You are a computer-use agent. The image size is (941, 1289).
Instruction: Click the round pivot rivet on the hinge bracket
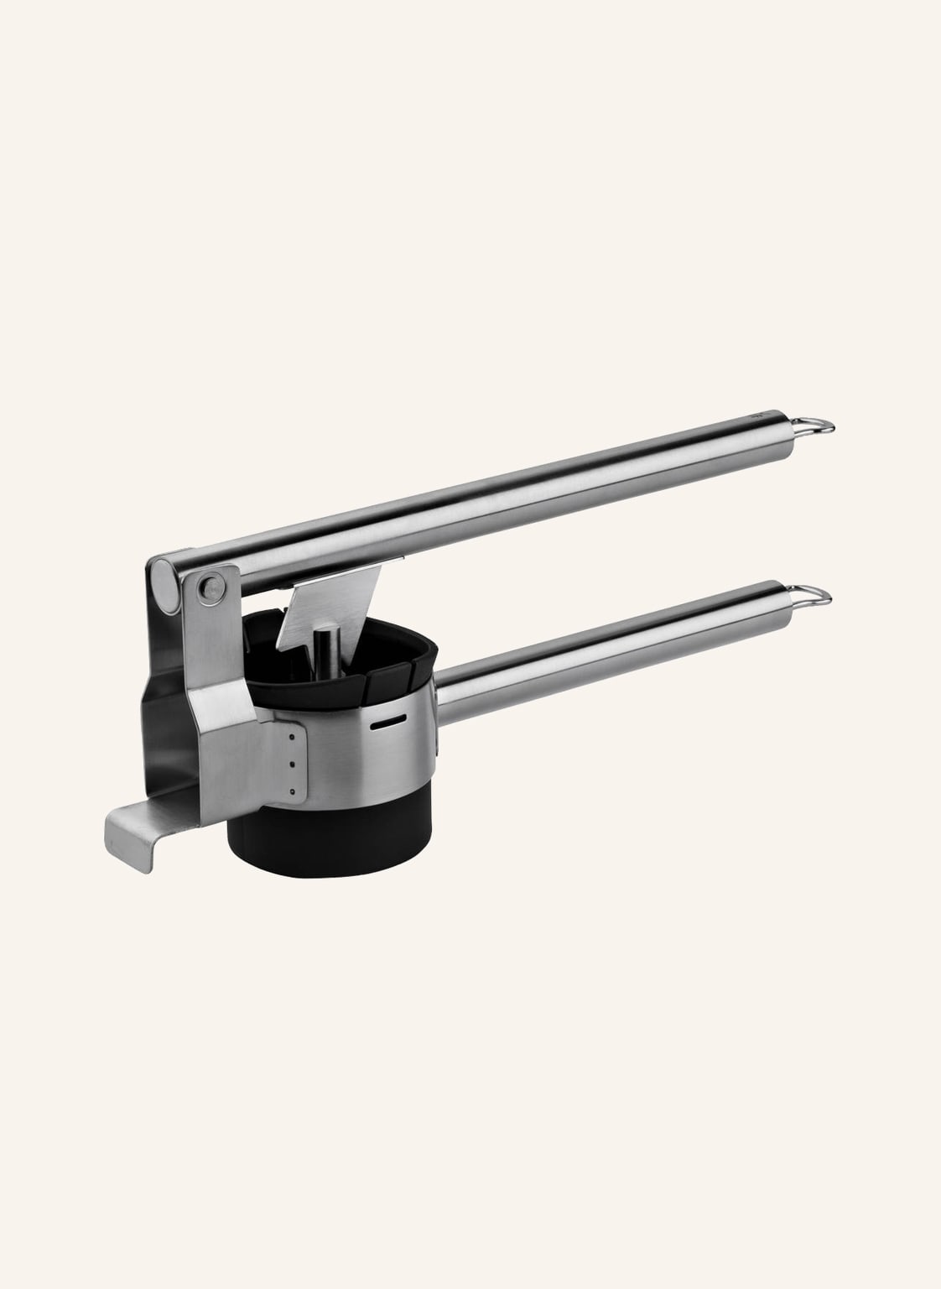[x=212, y=587]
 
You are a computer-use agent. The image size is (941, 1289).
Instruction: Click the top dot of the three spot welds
[x=290, y=737]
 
